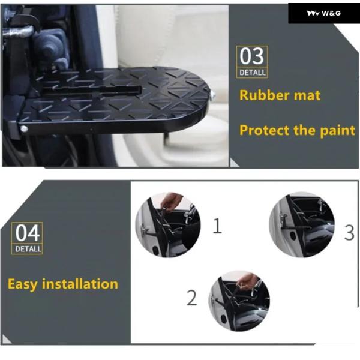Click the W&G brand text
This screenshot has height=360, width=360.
point(331,13)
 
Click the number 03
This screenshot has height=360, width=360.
point(252,56)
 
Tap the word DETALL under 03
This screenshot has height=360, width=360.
point(253,73)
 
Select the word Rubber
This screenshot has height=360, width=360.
point(265,95)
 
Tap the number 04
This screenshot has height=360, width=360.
point(28,233)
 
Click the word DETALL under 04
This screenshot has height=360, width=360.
point(28,249)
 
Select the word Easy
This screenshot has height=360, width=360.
point(22,284)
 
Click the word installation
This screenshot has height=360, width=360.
point(80,284)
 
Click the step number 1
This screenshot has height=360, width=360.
point(217,226)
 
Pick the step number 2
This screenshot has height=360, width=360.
point(192,298)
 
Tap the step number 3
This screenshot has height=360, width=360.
point(349,233)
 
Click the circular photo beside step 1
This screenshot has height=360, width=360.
point(168,225)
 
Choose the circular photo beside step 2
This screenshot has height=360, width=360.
point(239,301)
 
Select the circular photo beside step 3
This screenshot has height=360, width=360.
point(302,225)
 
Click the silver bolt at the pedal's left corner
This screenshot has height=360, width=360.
point(23,129)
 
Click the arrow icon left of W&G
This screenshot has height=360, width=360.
point(313,14)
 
